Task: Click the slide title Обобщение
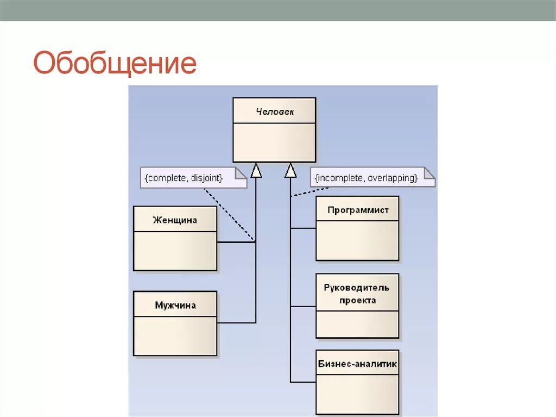pyautogui.click(x=115, y=64)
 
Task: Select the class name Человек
pyautogui.click(x=274, y=111)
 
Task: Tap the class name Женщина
pyautogui.click(x=175, y=220)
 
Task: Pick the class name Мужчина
pyautogui.click(x=175, y=305)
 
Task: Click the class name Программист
pyautogui.click(x=358, y=210)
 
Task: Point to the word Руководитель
pyautogui.click(x=357, y=288)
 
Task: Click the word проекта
pyautogui.click(x=357, y=300)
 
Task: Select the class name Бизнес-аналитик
pyautogui.click(x=358, y=364)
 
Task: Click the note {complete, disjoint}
pyautogui.click(x=184, y=178)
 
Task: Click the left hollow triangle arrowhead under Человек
pyautogui.click(x=256, y=170)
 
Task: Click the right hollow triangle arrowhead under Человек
pyautogui.click(x=290, y=170)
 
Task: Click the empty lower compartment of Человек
pyautogui.click(x=274, y=142)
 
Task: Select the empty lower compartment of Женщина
pyautogui.click(x=175, y=251)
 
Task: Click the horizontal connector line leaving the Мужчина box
pyautogui.click(x=236, y=323)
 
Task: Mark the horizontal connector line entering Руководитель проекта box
pyautogui.click(x=303, y=307)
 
